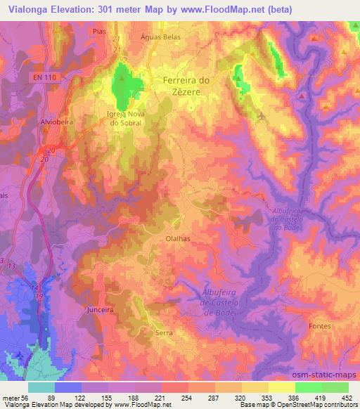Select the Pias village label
[x=98, y=32]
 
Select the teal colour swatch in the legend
[x=41, y=387]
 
